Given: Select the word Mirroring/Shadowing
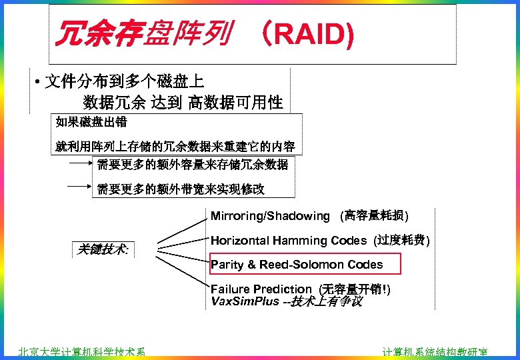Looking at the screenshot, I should (270, 216).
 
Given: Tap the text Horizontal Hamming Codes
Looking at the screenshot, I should (289, 241).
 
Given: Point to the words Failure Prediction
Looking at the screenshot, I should (261, 289).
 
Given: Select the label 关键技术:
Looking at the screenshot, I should (103, 249).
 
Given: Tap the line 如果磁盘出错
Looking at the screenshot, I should (92, 122).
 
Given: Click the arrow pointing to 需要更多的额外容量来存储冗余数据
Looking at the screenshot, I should (81, 162).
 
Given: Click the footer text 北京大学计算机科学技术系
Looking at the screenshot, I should (82, 353).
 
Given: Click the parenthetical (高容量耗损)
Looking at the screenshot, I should (375, 216).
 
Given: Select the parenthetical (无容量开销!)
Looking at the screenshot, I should (355, 289).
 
